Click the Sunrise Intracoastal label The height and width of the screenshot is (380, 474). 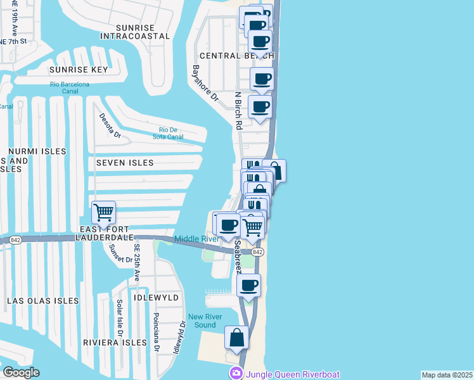click(144, 32)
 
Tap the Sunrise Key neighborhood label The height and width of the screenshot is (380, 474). click(79, 69)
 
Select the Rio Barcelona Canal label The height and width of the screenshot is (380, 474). click(70, 87)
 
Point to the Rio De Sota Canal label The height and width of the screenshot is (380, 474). click(167, 133)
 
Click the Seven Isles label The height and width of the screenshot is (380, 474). click(125, 163)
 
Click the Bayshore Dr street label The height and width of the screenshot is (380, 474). click(205, 84)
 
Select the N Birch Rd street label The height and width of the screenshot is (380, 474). click(238, 111)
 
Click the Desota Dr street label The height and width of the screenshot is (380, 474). click(110, 125)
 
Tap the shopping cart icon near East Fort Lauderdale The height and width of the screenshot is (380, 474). click(103, 212)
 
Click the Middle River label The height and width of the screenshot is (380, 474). click(196, 239)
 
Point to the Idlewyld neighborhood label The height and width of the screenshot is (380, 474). click(157, 297)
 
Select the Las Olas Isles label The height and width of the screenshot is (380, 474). click(43, 301)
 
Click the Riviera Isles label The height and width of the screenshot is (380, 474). click(115, 343)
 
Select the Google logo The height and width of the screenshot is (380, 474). click(21, 372)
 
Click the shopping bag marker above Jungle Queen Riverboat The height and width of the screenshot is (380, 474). click(236, 338)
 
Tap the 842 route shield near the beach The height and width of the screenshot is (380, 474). click(257, 252)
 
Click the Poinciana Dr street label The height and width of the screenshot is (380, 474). click(156, 331)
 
